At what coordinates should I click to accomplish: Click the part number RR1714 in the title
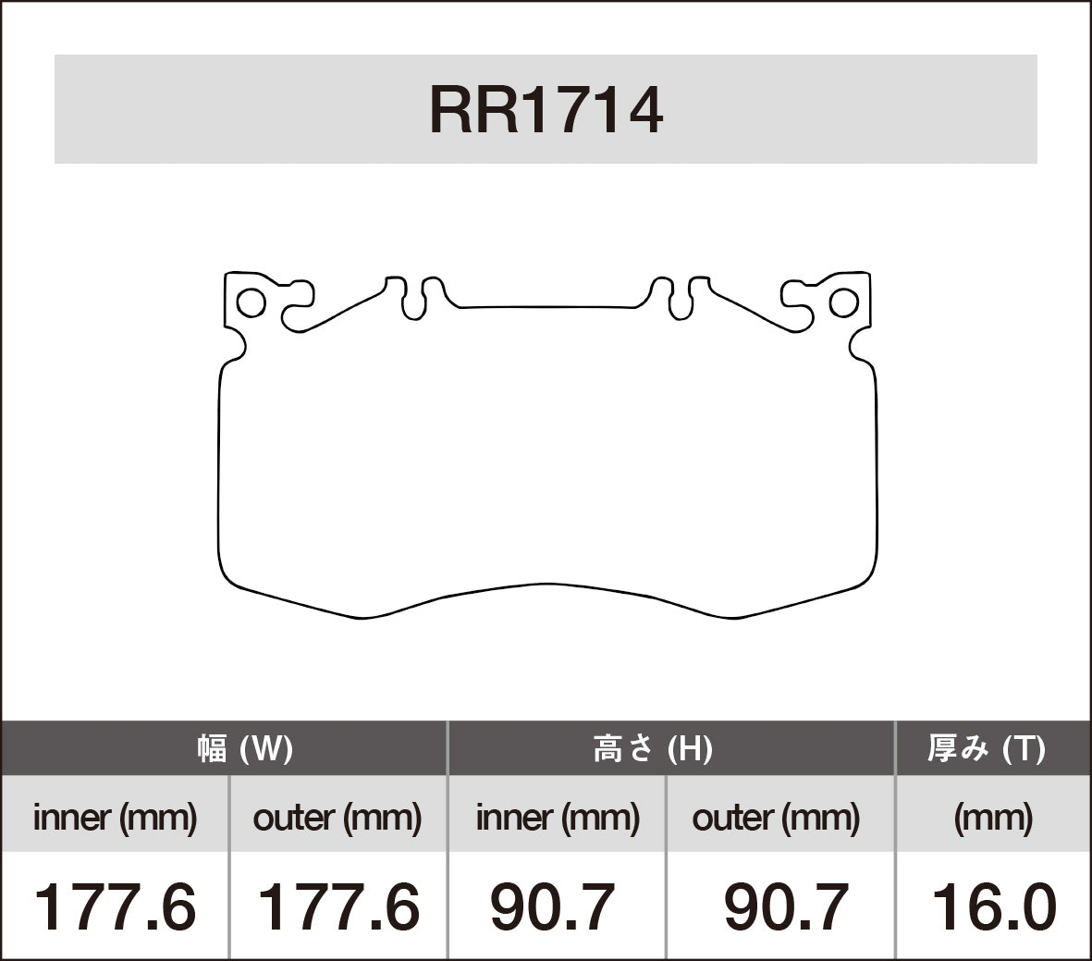click(x=546, y=111)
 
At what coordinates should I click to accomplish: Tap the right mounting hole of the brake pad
click(x=843, y=302)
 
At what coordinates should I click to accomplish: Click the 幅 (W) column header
click(x=245, y=748)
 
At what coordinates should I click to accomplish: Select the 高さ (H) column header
click(x=652, y=748)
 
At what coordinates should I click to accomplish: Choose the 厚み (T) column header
click(x=986, y=748)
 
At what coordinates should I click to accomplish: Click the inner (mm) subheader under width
click(x=115, y=818)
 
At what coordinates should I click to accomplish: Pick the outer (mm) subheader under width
click(x=337, y=818)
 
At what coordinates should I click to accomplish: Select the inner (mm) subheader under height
click(x=557, y=818)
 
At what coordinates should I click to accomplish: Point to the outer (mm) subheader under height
click(x=776, y=818)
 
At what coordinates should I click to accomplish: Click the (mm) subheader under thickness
click(x=993, y=818)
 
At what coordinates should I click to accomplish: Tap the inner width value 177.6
click(x=115, y=906)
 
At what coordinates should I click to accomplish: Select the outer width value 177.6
click(x=337, y=906)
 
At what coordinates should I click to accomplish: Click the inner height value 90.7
click(x=552, y=906)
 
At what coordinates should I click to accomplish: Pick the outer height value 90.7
click(x=786, y=906)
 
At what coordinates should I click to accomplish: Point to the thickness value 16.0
click(x=993, y=906)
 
